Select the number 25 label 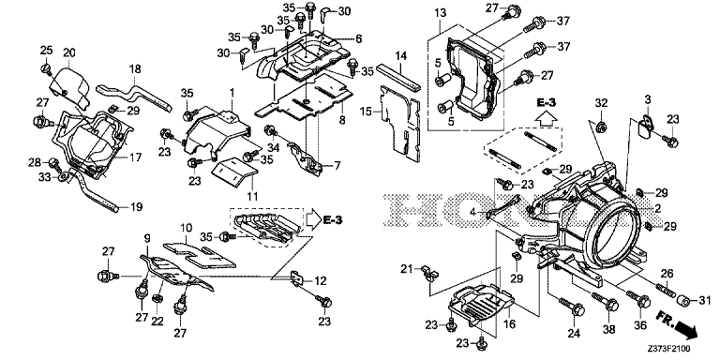46,49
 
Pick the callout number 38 607,327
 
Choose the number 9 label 147,238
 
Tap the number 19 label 138,205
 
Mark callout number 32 601,101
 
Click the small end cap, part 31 685,300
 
